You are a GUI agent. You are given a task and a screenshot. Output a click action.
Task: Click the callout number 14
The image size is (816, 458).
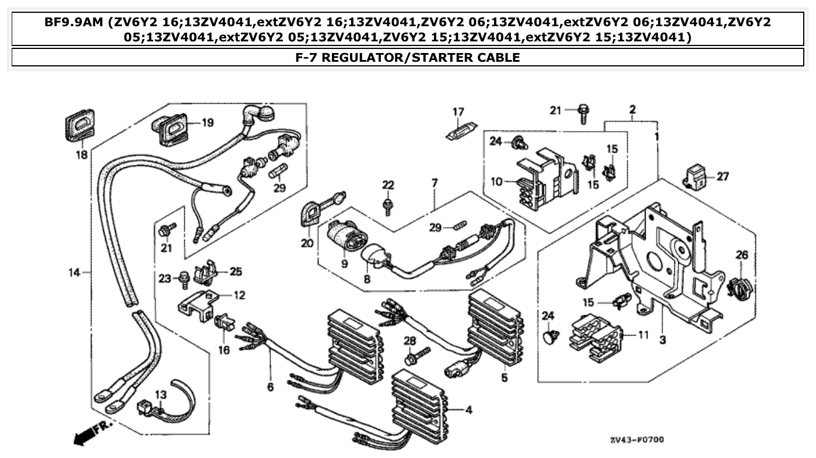point(73,272)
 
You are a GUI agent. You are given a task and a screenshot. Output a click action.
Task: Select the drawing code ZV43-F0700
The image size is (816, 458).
point(636,439)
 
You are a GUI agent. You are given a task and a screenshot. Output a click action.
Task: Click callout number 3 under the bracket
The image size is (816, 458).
point(663,339)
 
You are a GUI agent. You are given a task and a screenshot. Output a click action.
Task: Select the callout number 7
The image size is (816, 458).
point(435,182)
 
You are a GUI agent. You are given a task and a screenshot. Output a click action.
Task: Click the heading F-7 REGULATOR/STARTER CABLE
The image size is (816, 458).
point(408,57)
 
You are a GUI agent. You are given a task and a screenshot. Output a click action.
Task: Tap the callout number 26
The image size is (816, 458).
point(741,255)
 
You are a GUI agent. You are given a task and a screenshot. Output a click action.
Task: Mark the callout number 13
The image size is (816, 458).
point(160,395)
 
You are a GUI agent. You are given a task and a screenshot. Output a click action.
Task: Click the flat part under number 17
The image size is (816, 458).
point(461,132)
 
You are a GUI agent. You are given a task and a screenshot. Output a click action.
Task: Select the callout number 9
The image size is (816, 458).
point(344,264)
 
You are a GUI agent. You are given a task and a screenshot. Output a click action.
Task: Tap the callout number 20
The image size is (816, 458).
point(307,244)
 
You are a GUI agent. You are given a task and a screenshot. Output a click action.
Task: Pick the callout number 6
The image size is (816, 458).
point(270,386)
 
